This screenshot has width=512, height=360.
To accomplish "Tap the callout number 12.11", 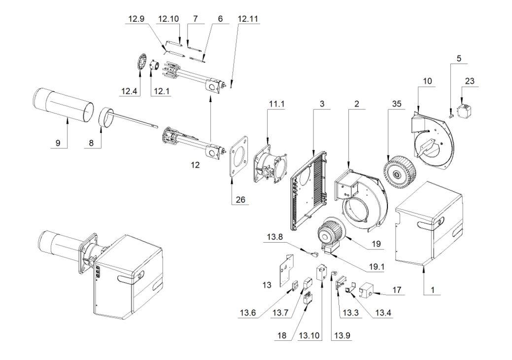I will (248, 19).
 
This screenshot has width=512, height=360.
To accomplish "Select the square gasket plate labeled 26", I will (240, 156).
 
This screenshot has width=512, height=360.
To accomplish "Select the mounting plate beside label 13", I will (285, 269).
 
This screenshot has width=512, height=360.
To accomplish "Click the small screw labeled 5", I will (451, 114).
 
